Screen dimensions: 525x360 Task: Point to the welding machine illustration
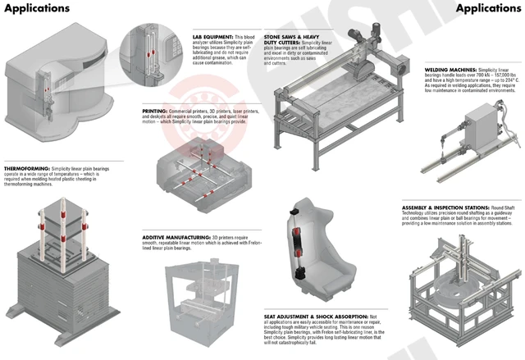[468, 139]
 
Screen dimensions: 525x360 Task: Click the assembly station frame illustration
[463, 287]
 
